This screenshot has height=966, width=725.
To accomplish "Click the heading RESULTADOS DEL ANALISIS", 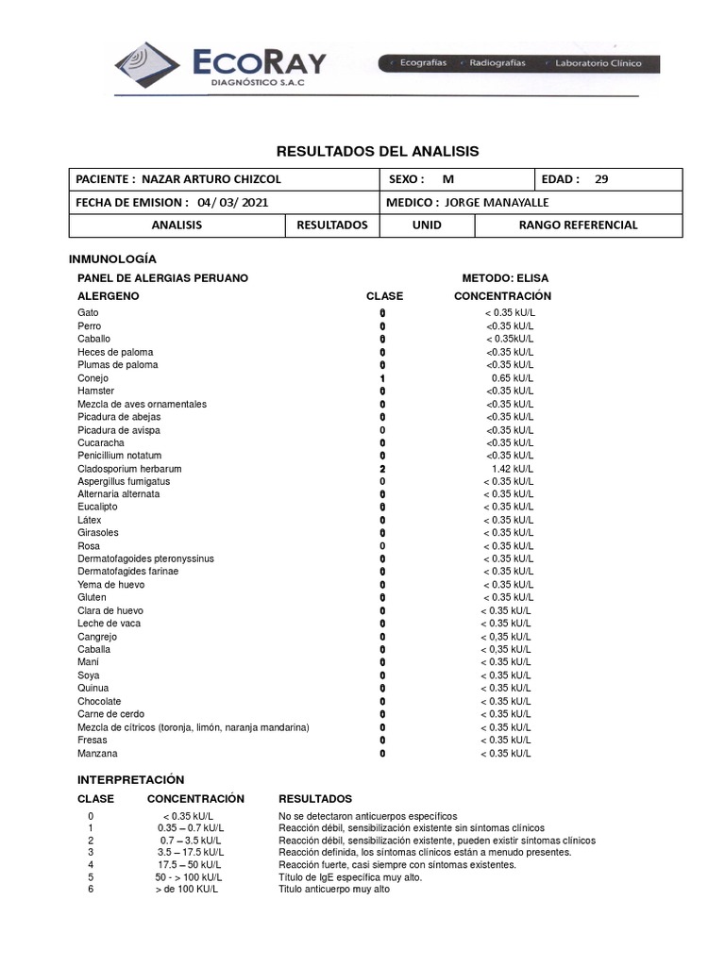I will pos(377,151).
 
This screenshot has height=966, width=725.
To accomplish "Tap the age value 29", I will pos(602,179).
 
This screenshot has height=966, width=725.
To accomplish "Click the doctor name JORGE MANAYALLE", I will pos(497,202).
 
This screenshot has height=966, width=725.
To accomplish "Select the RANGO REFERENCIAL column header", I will pos(578,225).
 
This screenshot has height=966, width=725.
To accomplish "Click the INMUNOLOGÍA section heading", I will pos(113,258).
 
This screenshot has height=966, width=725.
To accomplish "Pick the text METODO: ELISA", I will pos(504,278).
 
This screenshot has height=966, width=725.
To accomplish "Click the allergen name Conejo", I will pos(93,378).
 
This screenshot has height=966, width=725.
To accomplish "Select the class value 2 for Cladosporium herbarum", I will pos(382,469).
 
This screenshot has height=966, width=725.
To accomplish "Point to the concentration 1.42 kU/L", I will pos(513,469).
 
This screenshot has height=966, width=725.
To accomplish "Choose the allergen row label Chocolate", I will pos(99,701).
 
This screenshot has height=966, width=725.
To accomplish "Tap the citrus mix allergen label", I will pos(194,727).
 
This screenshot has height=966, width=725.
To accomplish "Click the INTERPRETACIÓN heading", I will pos(130,780).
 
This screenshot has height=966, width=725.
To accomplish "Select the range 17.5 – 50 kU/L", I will pos(190,864).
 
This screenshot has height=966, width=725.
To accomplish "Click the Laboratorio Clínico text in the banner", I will pos(598,63).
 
